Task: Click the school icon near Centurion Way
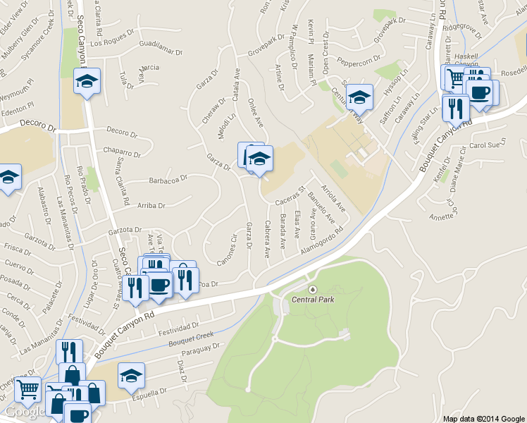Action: click(x=359, y=96)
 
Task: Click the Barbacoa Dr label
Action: click(x=168, y=180)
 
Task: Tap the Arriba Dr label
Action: click(x=151, y=206)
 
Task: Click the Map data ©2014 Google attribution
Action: click(x=483, y=419)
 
